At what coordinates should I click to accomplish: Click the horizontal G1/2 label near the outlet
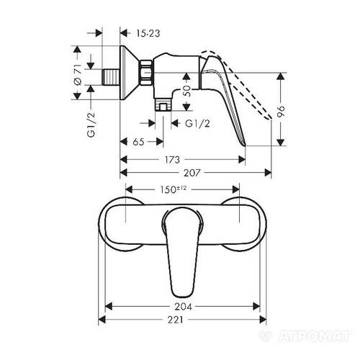198,124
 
